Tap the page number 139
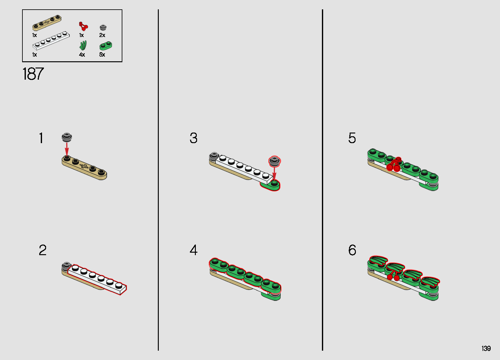pos(486,348)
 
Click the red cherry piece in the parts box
pos(83,26)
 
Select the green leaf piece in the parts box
pos(83,45)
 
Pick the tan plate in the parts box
pos(47,22)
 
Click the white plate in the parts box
pos(51,40)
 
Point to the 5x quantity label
pos(102,55)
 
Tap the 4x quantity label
pos(82,55)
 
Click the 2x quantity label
pos(102,35)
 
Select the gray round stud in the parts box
pos(103,27)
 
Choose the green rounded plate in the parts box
pos(106,46)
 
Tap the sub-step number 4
pos(194,250)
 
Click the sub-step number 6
pos(352,250)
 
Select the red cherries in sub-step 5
pos(394,165)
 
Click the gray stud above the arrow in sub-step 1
pos(67,137)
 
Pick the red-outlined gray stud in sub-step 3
pos(275,161)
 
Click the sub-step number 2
pos(43,250)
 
